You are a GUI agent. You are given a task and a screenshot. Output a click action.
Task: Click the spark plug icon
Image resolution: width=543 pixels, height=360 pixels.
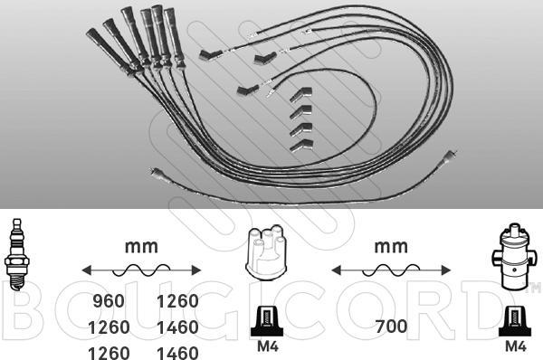point(16,254)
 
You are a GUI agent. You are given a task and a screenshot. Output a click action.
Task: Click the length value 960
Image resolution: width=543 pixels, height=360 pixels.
point(109,301)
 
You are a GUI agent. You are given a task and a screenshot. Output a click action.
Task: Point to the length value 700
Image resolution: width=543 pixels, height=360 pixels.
point(391,326)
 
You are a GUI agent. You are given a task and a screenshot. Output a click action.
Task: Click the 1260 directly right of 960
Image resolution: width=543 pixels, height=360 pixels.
point(177,301)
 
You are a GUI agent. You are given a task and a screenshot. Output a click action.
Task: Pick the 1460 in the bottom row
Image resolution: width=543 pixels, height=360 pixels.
point(177,353)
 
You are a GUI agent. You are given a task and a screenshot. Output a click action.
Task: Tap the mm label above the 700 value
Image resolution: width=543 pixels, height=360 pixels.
point(391,246)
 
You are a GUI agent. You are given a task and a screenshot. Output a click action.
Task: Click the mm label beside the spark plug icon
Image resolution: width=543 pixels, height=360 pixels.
point(141,246)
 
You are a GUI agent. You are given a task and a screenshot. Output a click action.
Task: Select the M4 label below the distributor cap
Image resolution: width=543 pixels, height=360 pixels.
point(267,346)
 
